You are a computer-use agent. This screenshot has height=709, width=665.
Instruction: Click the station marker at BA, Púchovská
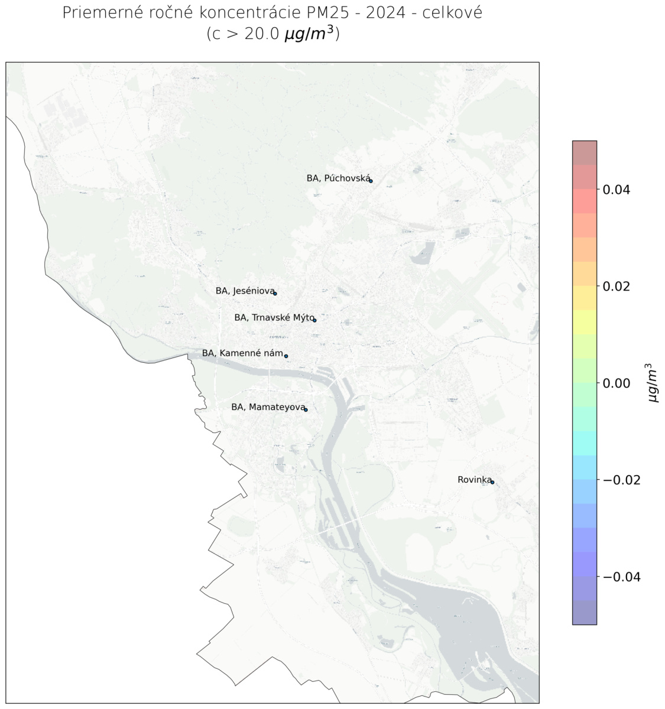point(371,181)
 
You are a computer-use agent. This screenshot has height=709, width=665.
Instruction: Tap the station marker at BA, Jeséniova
point(275,294)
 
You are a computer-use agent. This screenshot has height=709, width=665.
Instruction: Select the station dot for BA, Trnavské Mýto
point(314,320)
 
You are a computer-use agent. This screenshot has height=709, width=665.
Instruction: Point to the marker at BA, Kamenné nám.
point(286,356)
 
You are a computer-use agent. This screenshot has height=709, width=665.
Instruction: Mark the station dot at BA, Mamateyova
point(306,409)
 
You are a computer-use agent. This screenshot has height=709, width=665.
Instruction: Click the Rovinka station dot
point(492,482)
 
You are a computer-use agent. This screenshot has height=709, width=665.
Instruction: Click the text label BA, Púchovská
point(338,178)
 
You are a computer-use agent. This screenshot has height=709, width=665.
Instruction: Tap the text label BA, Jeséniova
point(245,291)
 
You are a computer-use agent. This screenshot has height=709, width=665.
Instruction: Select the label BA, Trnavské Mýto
point(274,317)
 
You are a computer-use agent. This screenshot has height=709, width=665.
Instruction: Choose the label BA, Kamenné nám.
point(242,353)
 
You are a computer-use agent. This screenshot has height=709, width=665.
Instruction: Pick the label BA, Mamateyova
point(268,407)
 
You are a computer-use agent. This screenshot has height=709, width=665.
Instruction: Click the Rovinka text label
point(474,480)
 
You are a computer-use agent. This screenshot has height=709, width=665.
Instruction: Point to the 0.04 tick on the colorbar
point(616,190)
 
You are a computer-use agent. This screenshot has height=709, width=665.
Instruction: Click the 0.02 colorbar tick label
point(616,287)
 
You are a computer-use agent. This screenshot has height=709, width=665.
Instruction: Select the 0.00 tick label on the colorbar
point(616,383)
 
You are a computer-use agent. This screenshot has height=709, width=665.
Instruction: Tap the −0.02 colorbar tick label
point(621,480)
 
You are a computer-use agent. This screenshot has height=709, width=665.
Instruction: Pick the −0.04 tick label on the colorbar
point(621,577)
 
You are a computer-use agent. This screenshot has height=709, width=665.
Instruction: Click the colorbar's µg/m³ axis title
point(653,383)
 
